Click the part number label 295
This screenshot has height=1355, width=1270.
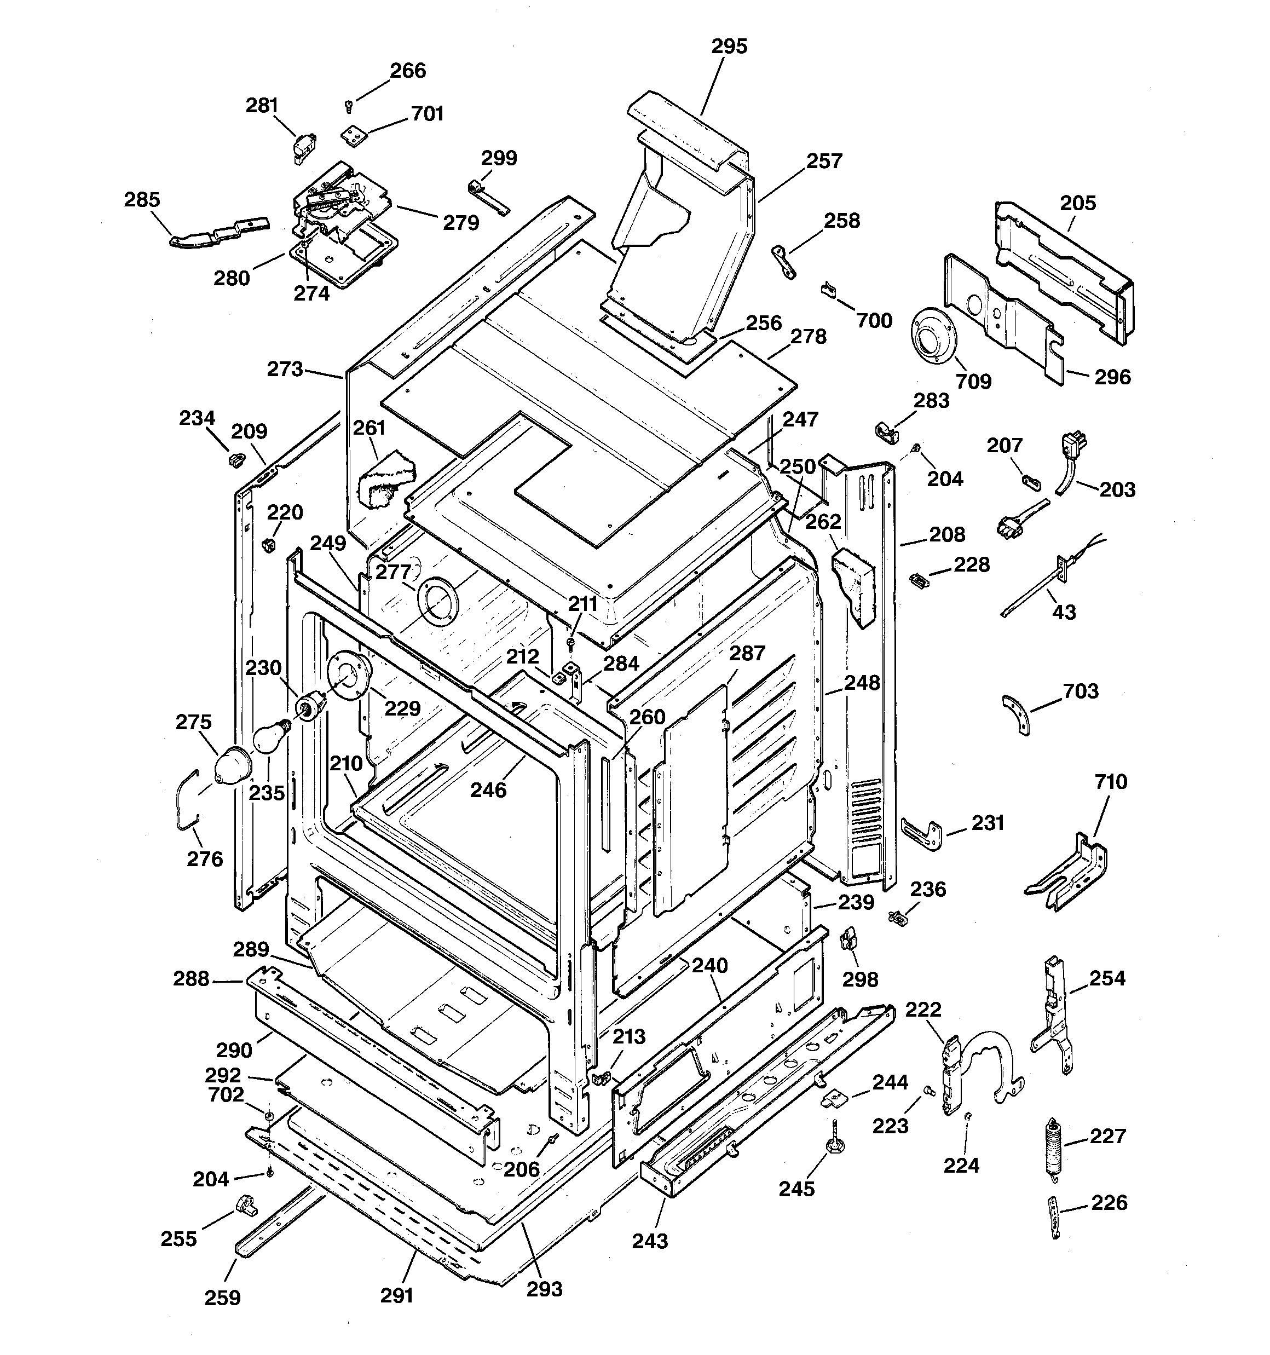pos(729,47)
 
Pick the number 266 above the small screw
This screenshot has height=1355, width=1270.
pos(408,71)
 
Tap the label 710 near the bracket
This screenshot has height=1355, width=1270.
pos(1111,782)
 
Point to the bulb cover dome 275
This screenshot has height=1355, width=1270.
pos(230,765)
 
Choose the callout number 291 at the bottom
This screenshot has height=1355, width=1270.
pos(397,1295)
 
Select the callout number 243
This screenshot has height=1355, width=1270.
pos(650,1241)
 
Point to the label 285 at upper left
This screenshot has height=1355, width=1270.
pos(142,200)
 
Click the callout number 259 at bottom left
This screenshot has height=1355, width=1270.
pos(222,1298)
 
